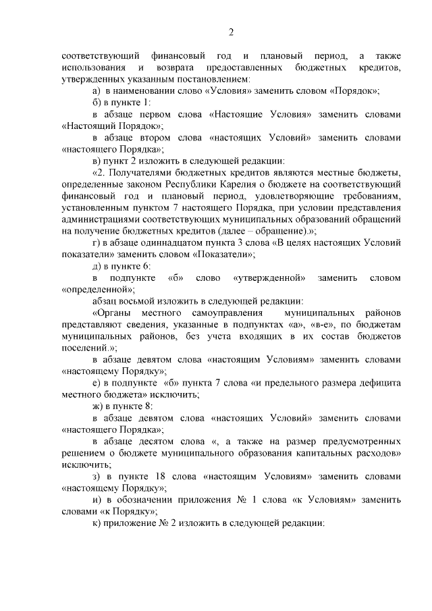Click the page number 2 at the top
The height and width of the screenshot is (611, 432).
click(231, 32)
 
